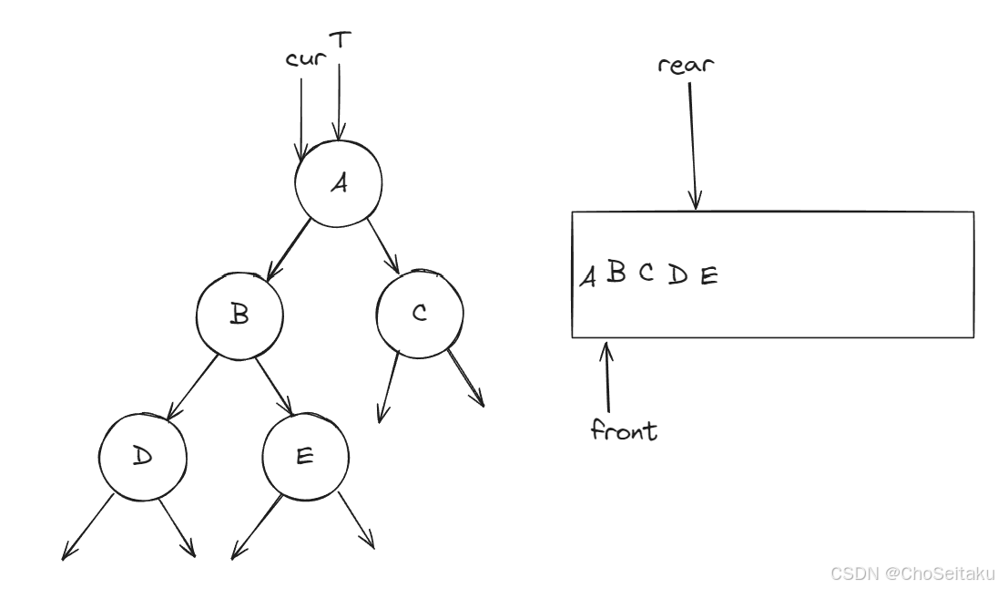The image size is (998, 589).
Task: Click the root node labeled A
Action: pyautogui.click(x=338, y=183)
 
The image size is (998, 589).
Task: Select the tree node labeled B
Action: pyautogui.click(x=239, y=315)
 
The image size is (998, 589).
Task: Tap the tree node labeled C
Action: pyautogui.click(x=419, y=314)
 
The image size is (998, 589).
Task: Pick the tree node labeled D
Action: pyautogui.click(x=143, y=455)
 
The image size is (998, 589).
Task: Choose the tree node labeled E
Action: pyautogui.click(x=305, y=456)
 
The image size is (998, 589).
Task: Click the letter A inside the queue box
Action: pyautogui.click(x=589, y=275)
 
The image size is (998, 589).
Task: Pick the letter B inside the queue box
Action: pyautogui.click(x=616, y=273)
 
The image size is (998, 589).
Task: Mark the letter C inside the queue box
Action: pyautogui.click(x=646, y=273)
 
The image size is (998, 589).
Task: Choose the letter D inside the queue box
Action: pyautogui.click(x=677, y=274)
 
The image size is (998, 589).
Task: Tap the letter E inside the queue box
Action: pyautogui.click(x=708, y=274)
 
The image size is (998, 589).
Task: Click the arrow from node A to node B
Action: pyautogui.click(x=287, y=247)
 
